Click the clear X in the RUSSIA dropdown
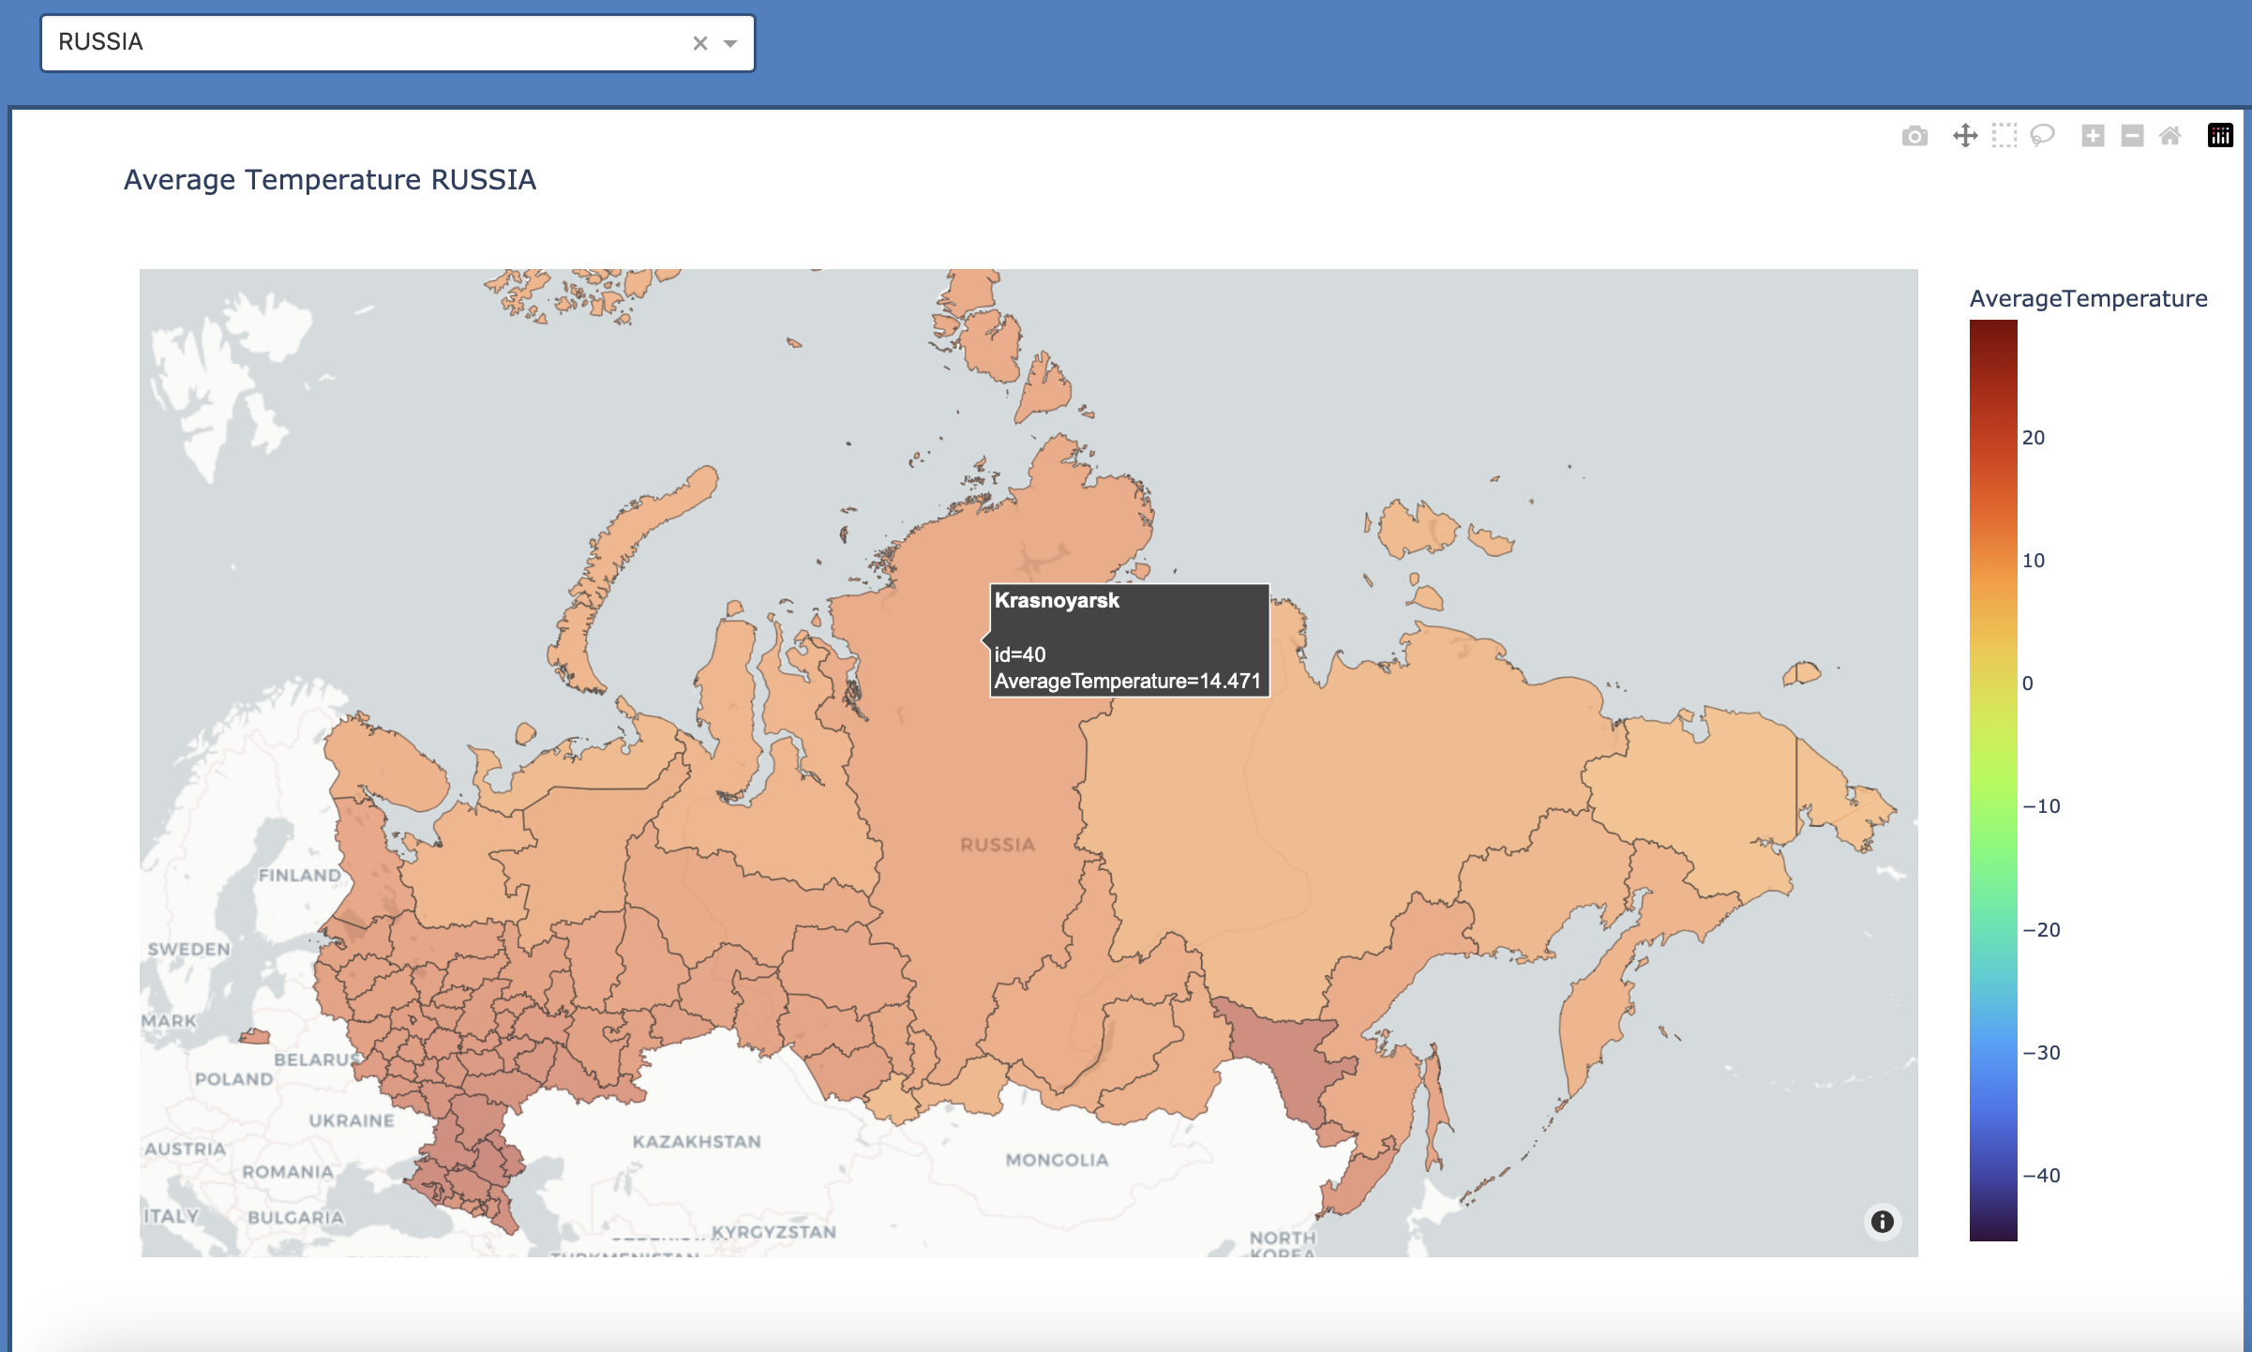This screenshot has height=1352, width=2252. coord(699,43)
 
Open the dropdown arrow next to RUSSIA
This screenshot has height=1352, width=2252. coord(730,43)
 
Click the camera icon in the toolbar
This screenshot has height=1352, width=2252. coord(1914,137)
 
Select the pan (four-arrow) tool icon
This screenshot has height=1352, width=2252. coord(1965,136)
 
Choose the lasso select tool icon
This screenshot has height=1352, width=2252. coord(2042,136)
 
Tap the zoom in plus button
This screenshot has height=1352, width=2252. coord(2093,136)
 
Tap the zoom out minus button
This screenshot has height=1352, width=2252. coord(2132,136)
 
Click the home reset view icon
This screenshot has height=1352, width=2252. coord(2169,136)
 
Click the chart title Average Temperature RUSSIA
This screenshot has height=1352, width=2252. coord(330,179)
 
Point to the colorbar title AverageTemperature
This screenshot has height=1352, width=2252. coord(2088,298)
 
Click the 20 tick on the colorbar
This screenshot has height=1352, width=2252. coord(2033,438)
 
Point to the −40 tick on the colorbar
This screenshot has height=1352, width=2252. coord(2041,1176)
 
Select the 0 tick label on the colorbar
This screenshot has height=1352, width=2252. coord(2027,684)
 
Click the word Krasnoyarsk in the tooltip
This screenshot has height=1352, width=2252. coord(1057,601)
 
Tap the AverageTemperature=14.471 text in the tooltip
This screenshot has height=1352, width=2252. coord(1127,681)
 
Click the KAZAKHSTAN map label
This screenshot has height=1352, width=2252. coord(697,1141)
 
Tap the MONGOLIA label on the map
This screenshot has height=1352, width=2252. coord(1057,1160)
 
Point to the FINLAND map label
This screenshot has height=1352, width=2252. coord(300,875)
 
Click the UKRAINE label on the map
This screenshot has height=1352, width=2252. coord(352,1120)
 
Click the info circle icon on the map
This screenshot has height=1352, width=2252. coord(1882,1221)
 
